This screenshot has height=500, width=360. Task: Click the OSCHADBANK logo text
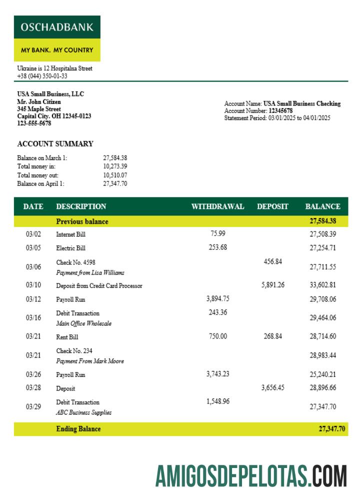click(57, 27)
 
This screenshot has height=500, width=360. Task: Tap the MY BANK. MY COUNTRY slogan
click(57, 50)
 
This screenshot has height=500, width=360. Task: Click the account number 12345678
click(280, 110)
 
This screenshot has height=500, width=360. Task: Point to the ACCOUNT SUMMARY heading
click(55, 144)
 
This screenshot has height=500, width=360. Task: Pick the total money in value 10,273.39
click(115, 166)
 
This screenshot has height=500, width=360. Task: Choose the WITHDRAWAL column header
click(217, 206)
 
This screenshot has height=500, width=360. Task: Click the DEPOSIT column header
click(272, 206)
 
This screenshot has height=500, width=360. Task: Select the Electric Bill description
click(70, 248)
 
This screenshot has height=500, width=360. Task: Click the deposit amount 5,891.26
click(272, 285)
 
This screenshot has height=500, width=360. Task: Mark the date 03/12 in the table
click(33, 299)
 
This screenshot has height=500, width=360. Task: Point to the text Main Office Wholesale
click(83, 323)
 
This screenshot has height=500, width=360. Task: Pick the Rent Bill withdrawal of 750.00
click(217, 336)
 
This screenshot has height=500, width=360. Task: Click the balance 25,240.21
click(322, 374)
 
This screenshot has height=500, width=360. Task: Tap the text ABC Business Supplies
click(83, 412)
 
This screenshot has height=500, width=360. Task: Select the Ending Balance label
click(78, 428)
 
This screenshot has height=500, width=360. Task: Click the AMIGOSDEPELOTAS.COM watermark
click(251, 476)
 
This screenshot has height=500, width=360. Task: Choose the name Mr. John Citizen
click(39, 101)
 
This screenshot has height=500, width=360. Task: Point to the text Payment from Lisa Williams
click(90, 273)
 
